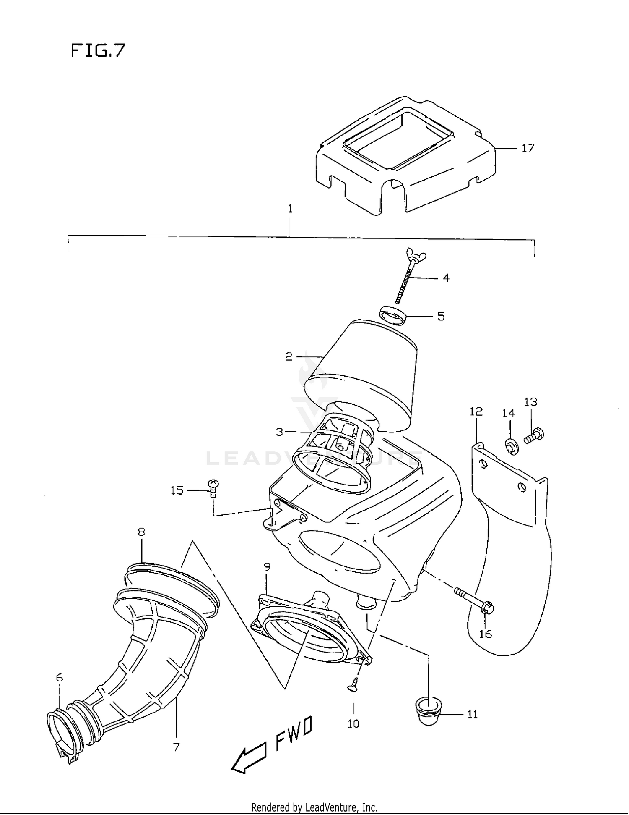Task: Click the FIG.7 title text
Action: click(x=98, y=51)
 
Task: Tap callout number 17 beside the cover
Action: click(x=528, y=148)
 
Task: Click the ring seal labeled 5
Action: click(x=393, y=316)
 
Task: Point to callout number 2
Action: click(x=289, y=357)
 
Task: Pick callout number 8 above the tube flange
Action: click(x=141, y=532)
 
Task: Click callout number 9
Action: click(x=267, y=567)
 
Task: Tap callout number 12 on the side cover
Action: click(x=476, y=411)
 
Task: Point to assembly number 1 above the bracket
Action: click(x=290, y=209)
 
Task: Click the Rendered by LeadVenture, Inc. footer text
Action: click(x=314, y=807)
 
